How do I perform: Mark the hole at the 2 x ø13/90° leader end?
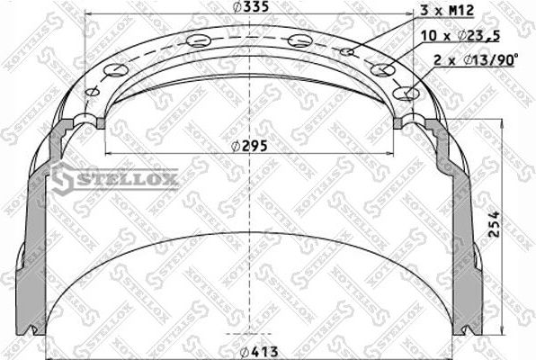412,92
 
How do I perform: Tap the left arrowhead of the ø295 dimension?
109,154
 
